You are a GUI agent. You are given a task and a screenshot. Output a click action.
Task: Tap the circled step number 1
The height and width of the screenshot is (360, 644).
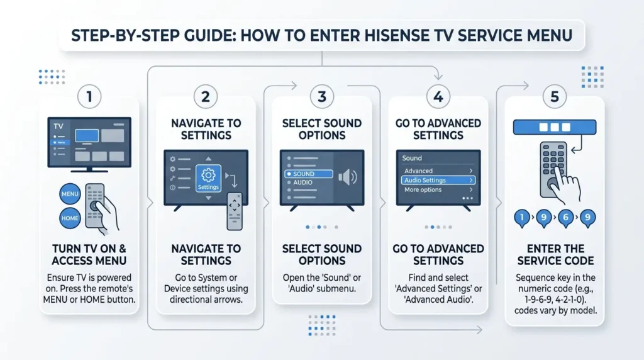pyautogui.click(x=89, y=98)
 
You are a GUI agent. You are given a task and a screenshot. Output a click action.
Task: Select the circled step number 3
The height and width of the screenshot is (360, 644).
pyautogui.click(x=322, y=97)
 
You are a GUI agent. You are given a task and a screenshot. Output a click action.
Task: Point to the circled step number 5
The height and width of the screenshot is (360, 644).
pyautogui.click(x=554, y=97)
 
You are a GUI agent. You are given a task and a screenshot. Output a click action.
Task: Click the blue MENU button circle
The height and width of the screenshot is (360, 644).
pyautogui.click(x=70, y=194)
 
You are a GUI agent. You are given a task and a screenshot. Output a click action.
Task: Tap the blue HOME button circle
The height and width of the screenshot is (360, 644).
pyautogui.click(x=70, y=218)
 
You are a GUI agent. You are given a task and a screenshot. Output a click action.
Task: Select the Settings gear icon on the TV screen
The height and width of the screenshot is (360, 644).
pyautogui.click(x=208, y=177)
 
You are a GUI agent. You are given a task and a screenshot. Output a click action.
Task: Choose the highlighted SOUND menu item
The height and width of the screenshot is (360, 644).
pyautogui.click(x=308, y=174)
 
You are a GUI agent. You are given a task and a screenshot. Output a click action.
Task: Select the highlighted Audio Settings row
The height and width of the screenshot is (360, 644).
pyautogui.click(x=438, y=181)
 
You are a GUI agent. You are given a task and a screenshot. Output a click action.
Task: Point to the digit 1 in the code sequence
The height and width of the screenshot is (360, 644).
pyautogui.click(x=521, y=218)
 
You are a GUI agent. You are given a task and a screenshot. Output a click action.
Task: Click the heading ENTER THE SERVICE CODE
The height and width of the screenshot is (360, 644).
pyautogui.click(x=554, y=254)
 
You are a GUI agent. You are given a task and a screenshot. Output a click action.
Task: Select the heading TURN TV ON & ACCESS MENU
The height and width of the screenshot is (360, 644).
pyautogui.click(x=89, y=254)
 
